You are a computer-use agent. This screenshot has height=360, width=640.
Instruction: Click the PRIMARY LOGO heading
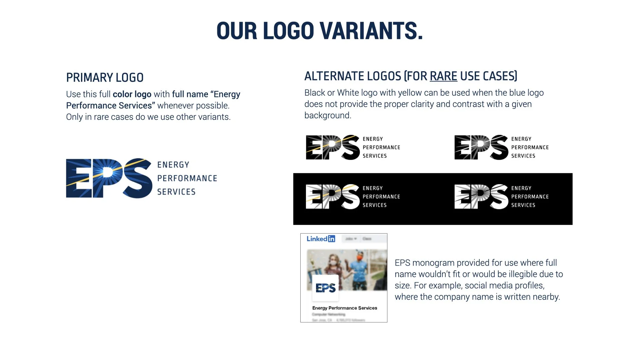pyautogui.click(x=105, y=78)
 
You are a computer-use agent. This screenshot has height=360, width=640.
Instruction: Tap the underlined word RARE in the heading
pyautogui.click(x=443, y=76)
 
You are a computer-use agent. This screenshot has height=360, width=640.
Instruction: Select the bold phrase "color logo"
pyautogui.click(x=132, y=94)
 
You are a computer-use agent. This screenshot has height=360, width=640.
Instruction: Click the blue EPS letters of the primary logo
pyautogui.click(x=109, y=178)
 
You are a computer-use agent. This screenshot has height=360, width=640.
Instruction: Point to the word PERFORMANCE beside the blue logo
pyautogui.click(x=187, y=178)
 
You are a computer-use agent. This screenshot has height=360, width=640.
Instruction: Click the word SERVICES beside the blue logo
pyautogui.click(x=176, y=192)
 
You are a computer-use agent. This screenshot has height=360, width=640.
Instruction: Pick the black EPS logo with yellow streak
pyautogui.click(x=333, y=147)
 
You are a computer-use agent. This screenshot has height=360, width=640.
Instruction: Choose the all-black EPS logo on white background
pyautogui.click(x=481, y=147)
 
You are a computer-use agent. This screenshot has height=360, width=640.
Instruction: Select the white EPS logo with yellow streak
pyautogui.click(x=333, y=197)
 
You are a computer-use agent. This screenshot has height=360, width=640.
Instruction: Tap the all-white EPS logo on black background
pyautogui.click(x=481, y=197)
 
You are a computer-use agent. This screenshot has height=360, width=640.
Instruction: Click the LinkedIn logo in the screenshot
pyautogui.click(x=321, y=239)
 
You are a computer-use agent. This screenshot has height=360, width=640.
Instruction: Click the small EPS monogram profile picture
pyautogui.click(x=325, y=288)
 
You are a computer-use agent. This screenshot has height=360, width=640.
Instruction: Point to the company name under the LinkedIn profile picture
pyautogui.click(x=345, y=308)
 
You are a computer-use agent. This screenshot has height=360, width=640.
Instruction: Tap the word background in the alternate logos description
pyautogui.click(x=327, y=116)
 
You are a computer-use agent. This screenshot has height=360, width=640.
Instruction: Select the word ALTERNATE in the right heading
pyautogui.click(x=353, y=76)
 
